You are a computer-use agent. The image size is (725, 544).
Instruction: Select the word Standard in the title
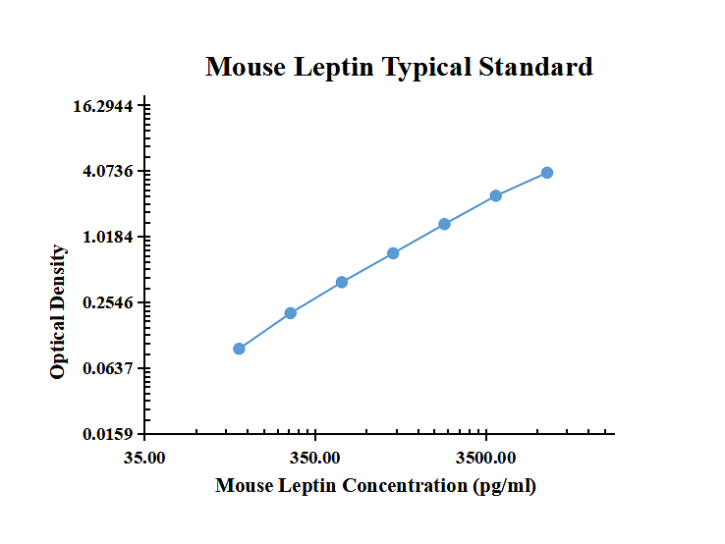coord(536,68)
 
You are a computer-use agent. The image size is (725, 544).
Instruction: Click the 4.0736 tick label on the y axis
coord(108,172)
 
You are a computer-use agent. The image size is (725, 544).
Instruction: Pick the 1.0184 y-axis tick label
coord(108,238)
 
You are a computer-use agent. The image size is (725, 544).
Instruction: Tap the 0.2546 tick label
coord(108,303)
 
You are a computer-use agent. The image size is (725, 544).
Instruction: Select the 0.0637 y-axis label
coord(108,369)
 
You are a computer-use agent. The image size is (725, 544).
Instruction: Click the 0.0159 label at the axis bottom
coord(108,434)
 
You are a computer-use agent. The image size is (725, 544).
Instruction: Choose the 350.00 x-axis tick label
coord(316,458)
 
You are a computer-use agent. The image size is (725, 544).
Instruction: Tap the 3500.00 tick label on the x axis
coord(486,458)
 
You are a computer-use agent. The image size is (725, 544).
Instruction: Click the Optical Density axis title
coord(59,312)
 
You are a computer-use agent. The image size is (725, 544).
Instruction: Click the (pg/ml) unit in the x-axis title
coord(504,485)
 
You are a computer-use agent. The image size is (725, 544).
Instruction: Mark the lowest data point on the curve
coord(239,349)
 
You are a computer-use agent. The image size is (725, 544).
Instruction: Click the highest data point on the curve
coord(547,173)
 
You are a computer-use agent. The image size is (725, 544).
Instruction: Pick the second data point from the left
coord(291,313)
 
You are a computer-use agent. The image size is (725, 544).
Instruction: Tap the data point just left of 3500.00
coord(444,224)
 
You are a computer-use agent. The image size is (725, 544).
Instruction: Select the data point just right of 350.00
coord(342,282)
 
